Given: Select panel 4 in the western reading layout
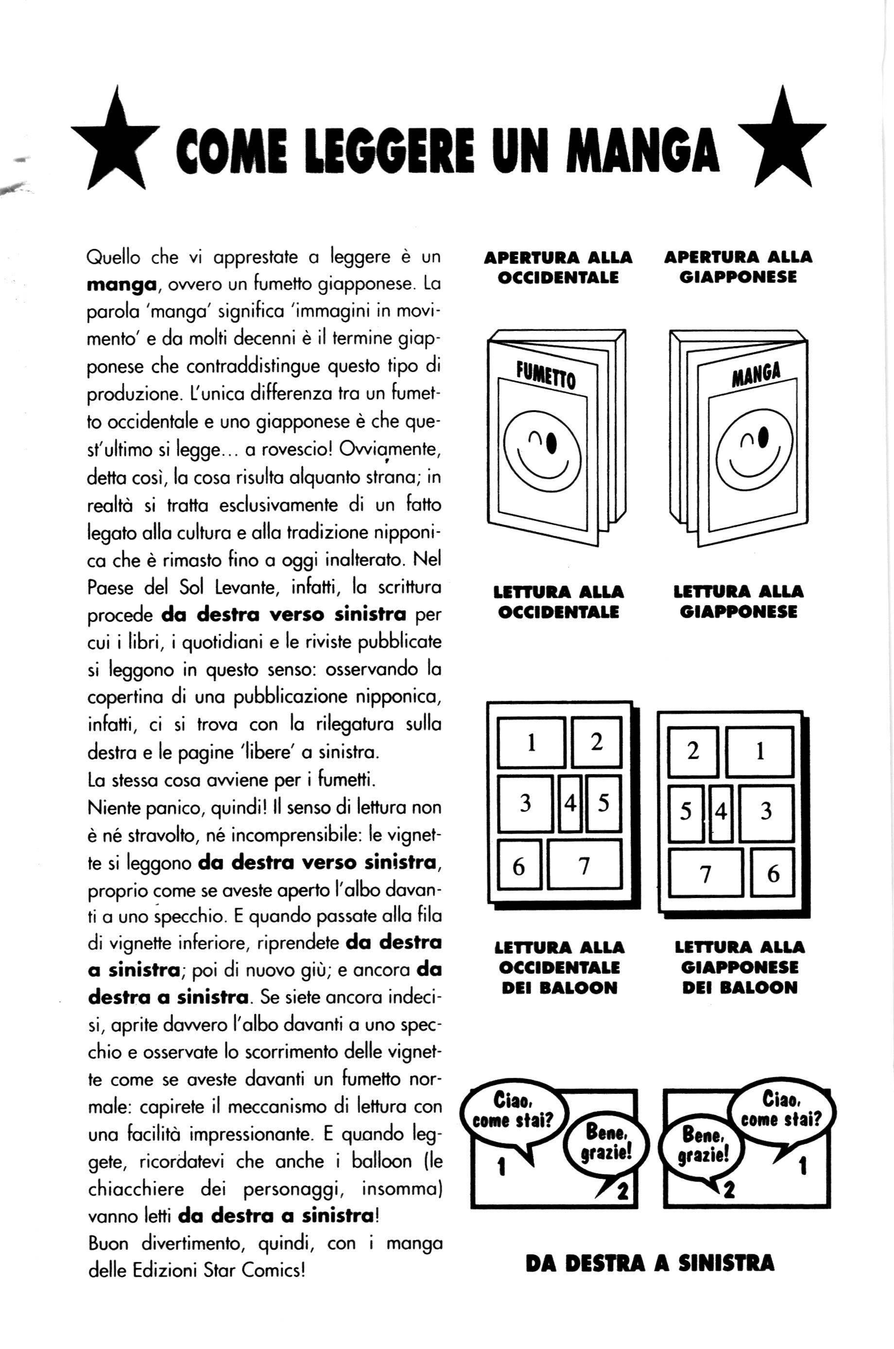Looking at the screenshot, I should (x=569, y=803).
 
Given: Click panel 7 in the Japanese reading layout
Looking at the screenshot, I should (x=706, y=873).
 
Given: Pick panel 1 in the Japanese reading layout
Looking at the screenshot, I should (x=759, y=751).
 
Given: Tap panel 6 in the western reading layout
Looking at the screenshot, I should (x=518, y=866).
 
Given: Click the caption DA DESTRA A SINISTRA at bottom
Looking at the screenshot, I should (x=650, y=1263).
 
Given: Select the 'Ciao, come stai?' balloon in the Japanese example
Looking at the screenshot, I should (x=782, y=1109).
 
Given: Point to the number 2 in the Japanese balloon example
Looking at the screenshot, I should (x=728, y=1189).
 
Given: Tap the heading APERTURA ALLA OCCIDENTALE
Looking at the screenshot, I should (x=558, y=267).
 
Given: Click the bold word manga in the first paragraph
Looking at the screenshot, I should (x=121, y=284).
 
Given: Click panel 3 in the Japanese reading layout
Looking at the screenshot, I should (x=766, y=812).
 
